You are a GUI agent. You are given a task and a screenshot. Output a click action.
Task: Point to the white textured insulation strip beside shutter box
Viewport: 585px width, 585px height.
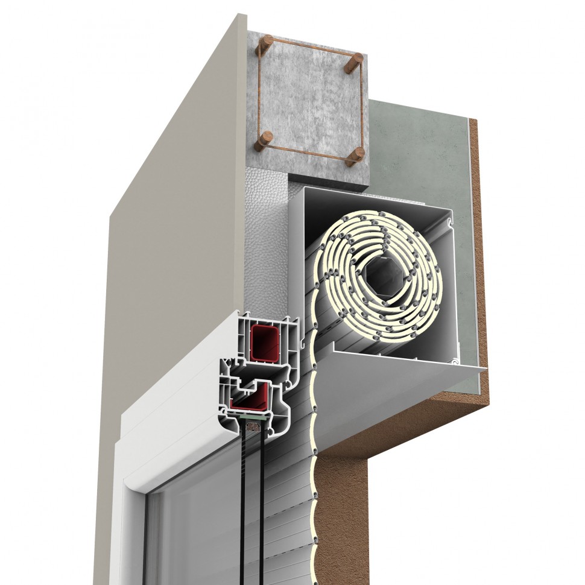(x=268, y=235)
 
